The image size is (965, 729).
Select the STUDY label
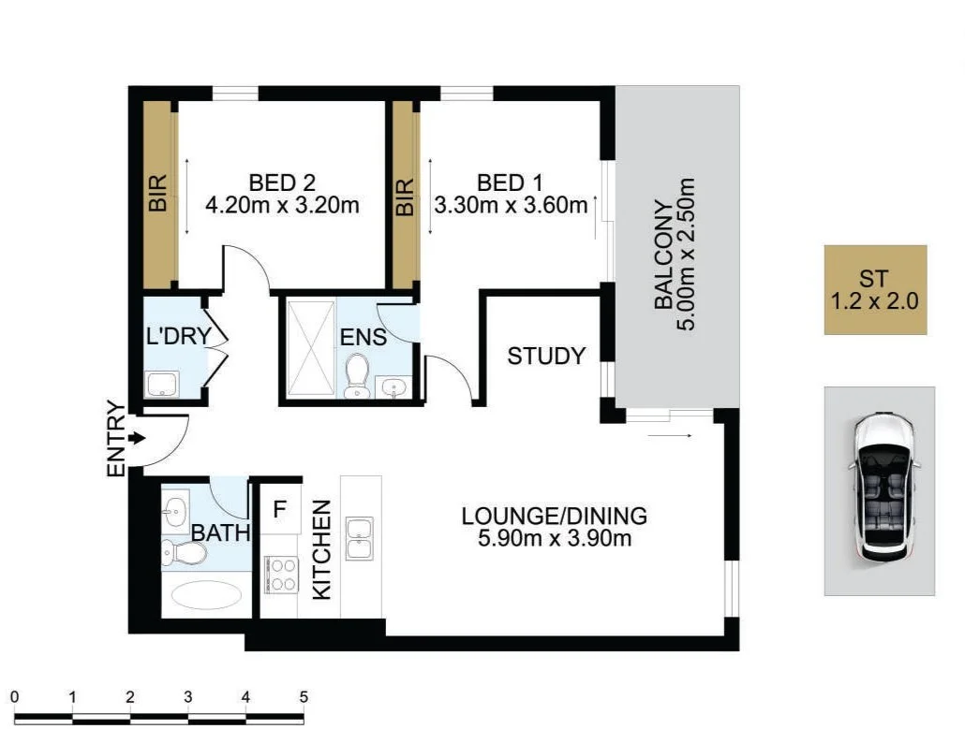(546, 356)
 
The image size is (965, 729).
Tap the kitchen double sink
(360, 538)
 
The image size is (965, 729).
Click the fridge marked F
(279, 511)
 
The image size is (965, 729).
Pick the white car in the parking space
(881, 489)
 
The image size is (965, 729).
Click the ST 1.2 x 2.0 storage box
(875, 290)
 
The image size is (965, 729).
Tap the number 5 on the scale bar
(303, 697)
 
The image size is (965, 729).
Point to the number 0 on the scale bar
(15, 697)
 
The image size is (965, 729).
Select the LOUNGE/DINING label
(554, 516)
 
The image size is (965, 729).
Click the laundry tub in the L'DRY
(162, 382)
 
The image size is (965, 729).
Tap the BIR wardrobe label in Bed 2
(156, 195)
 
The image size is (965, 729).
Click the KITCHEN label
(321, 549)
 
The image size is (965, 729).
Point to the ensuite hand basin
(393, 386)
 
